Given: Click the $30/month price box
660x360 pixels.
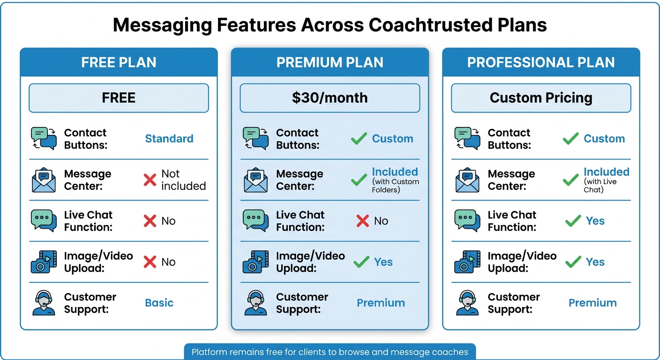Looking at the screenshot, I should click(330, 98).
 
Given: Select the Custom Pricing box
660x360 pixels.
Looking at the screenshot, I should click(541, 98).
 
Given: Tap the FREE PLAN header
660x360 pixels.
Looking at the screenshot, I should click(119, 62).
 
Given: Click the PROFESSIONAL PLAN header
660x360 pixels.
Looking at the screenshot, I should click(541, 62).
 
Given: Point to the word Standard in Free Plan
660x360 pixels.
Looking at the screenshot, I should click(169, 139).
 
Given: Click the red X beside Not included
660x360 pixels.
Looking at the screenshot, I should click(150, 180).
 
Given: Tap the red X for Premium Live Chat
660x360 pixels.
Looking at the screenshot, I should click(362, 221).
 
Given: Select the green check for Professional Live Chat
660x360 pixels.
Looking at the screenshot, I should click(573, 221).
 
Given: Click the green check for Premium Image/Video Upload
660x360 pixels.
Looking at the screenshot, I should click(361, 262).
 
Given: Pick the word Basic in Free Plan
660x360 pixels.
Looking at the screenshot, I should click(159, 303).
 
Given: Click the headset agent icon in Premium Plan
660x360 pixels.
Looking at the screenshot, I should click(255, 303).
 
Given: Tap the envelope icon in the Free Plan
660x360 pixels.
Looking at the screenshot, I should click(44, 180).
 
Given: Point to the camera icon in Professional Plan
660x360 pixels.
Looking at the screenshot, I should click(467, 262).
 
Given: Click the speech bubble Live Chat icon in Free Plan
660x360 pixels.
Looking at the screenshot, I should click(44, 221).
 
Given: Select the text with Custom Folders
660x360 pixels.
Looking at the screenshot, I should click(395, 186).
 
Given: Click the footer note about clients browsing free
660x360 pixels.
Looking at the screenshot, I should click(330, 352).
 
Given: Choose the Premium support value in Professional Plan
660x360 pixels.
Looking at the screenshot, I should click(592, 303).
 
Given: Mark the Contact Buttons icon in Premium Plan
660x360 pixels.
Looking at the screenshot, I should click(255, 139).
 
